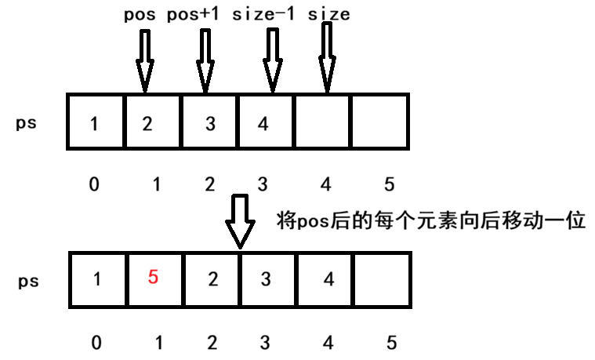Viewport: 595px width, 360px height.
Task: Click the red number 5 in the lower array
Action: [x=153, y=278]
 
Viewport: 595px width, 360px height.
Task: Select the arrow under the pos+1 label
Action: [x=206, y=60]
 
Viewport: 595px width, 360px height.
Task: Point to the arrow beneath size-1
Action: [x=272, y=60]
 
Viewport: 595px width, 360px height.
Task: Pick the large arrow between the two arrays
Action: [x=239, y=223]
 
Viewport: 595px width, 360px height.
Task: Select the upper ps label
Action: [x=27, y=123]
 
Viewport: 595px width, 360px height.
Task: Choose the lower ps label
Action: [x=27, y=280]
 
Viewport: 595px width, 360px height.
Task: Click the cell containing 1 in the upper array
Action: [x=96, y=122]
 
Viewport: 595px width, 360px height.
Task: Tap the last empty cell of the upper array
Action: [x=380, y=122]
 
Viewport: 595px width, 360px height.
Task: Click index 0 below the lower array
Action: [x=95, y=342]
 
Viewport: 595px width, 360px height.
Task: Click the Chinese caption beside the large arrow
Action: [x=432, y=220]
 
